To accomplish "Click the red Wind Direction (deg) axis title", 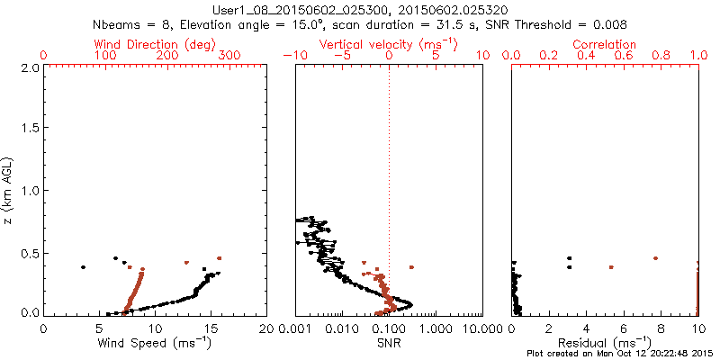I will pos(156,44).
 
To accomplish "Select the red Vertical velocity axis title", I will pos(388,44).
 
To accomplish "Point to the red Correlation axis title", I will pos(605,44).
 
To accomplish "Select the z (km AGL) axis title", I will pos(10,190).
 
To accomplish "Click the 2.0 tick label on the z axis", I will pos(29,67).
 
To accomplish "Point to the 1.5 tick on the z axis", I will pos(29,130).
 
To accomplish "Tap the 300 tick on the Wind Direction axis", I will pos(229,56).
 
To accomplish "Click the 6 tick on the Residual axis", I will pos(624,329).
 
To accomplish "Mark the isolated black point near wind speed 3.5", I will pos(83,267).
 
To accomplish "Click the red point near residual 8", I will pos(655,258).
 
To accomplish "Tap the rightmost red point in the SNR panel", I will pos(411,267).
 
